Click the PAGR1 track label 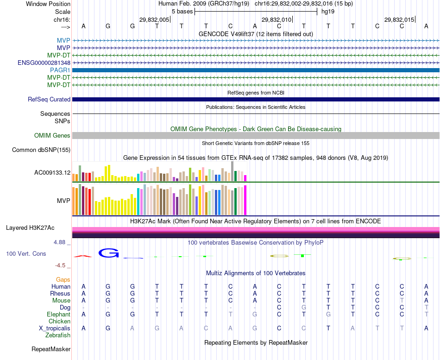click(60, 70)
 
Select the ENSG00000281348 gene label click(44, 63)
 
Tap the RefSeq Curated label click(49, 99)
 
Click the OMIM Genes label click(52, 136)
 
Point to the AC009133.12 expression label click(52, 173)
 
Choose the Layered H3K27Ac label click(30, 227)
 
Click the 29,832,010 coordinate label click(277, 19)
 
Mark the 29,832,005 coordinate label click(154, 19)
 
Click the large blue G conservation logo click(109, 253)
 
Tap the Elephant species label click(58, 314)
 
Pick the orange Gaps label click(63, 279)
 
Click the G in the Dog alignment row click(304, 307)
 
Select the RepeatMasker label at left click(51, 349)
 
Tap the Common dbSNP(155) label click(41, 150)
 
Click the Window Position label click(48, 4)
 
